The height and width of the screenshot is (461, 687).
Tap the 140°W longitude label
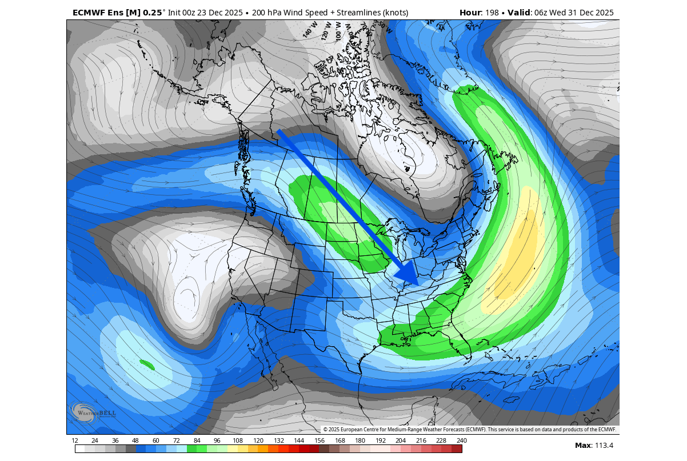coord(310,29)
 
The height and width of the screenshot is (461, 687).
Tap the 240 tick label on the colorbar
coord(462,440)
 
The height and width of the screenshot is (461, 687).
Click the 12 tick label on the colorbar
coord(75,440)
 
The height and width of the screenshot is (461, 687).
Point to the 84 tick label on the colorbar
coord(197,440)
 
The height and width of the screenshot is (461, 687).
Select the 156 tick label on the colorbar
coord(319,440)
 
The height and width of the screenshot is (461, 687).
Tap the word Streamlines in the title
coord(363,13)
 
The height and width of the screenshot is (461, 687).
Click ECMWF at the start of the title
coord(89,13)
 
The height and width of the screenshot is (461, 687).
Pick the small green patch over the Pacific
coord(147,364)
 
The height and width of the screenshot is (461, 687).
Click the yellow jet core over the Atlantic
coord(517,251)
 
